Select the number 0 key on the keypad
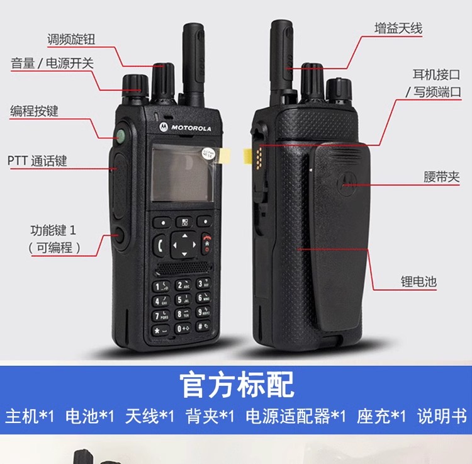pyautogui.click(x=182, y=328)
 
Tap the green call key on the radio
pyautogui.click(x=161, y=244)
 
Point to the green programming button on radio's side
pyautogui.click(x=119, y=135)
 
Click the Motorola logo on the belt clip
pyautogui.click(x=345, y=181)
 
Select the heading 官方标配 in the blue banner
pyautogui.click(x=236, y=384)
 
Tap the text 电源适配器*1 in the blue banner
pyautogui.click(x=295, y=416)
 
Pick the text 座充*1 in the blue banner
pyautogui.click(x=381, y=416)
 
